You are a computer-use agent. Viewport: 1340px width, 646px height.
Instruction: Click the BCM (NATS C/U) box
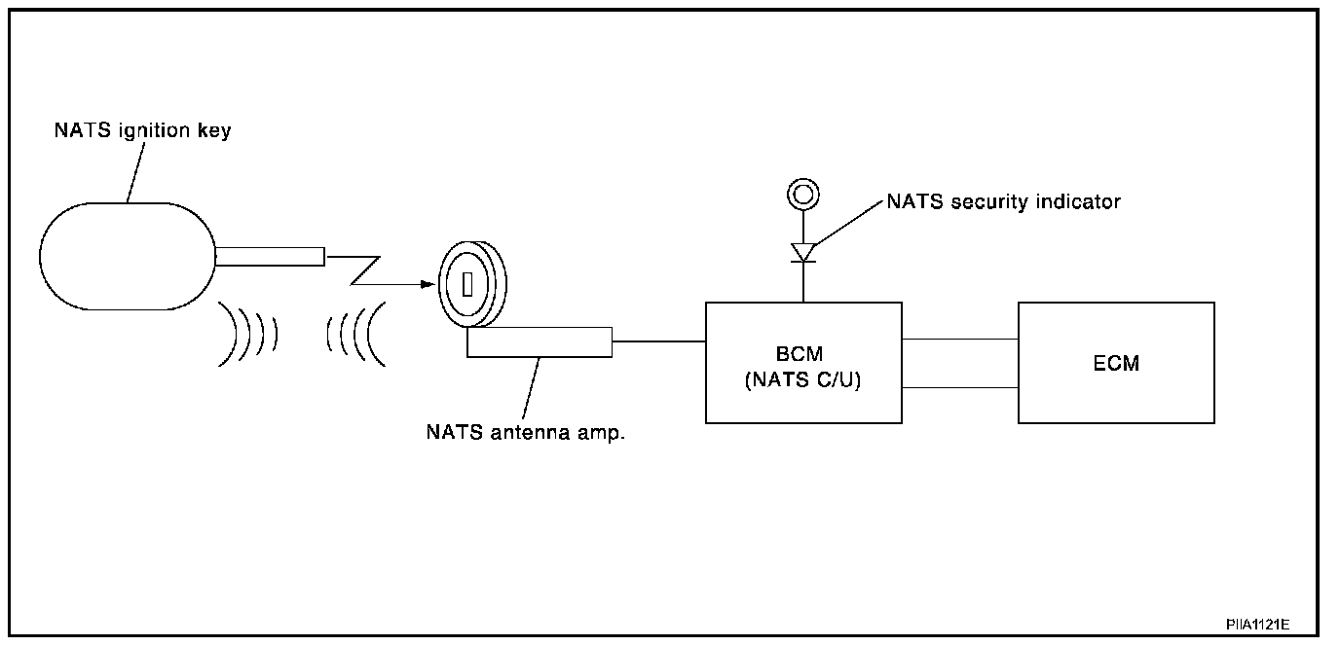tap(802, 362)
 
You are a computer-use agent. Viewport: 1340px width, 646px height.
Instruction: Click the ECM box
tap(1115, 362)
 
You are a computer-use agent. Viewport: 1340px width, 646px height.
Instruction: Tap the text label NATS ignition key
tap(142, 129)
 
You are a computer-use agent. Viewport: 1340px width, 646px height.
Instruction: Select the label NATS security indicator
tap(1003, 202)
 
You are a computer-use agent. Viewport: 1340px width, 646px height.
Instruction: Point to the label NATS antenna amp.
tap(525, 432)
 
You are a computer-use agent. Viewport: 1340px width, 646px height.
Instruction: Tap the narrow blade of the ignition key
tap(270, 257)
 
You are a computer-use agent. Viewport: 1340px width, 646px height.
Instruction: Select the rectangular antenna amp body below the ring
tap(539, 342)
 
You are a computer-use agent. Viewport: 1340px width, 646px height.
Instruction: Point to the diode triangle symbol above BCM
tap(802, 252)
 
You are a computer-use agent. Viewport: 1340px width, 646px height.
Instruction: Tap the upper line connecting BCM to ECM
tap(959, 339)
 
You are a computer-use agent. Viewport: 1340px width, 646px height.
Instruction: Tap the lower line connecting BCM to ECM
tap(959, 387)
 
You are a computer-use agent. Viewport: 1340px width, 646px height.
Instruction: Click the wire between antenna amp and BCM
tap(658, 341)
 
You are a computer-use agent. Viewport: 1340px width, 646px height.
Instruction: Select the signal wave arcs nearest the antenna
tap(355, 334)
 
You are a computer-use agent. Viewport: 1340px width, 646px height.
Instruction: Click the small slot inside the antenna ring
tap(466, 285)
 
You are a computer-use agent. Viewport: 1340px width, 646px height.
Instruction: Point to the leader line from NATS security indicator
tap(847, 223)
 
